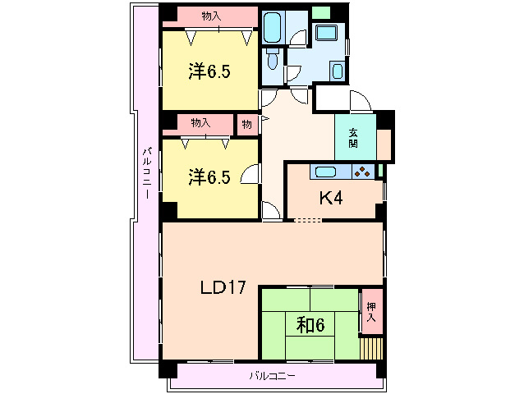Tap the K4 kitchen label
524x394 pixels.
(331, 199)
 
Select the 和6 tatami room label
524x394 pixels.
(310, 324)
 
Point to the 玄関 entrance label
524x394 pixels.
(353, 138)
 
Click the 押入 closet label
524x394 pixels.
(371, 312)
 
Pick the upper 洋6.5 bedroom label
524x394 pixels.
(209, 71)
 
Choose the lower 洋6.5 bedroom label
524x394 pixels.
(209, 177)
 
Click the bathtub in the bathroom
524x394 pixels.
(272, 27)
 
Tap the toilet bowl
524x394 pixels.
(273, 59)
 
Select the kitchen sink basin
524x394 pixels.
(325, 172)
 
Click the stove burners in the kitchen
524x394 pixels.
(362, 172)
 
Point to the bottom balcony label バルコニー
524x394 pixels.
(272, 376)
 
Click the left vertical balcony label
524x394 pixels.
(147, 173)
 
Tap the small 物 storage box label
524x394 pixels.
(246, 125)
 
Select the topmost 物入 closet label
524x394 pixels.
(211, 16)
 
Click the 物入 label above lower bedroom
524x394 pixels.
(200, 123)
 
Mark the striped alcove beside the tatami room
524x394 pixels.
(371, 348)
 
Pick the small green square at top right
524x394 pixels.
(321, 12)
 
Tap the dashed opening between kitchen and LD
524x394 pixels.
(308, 220)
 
